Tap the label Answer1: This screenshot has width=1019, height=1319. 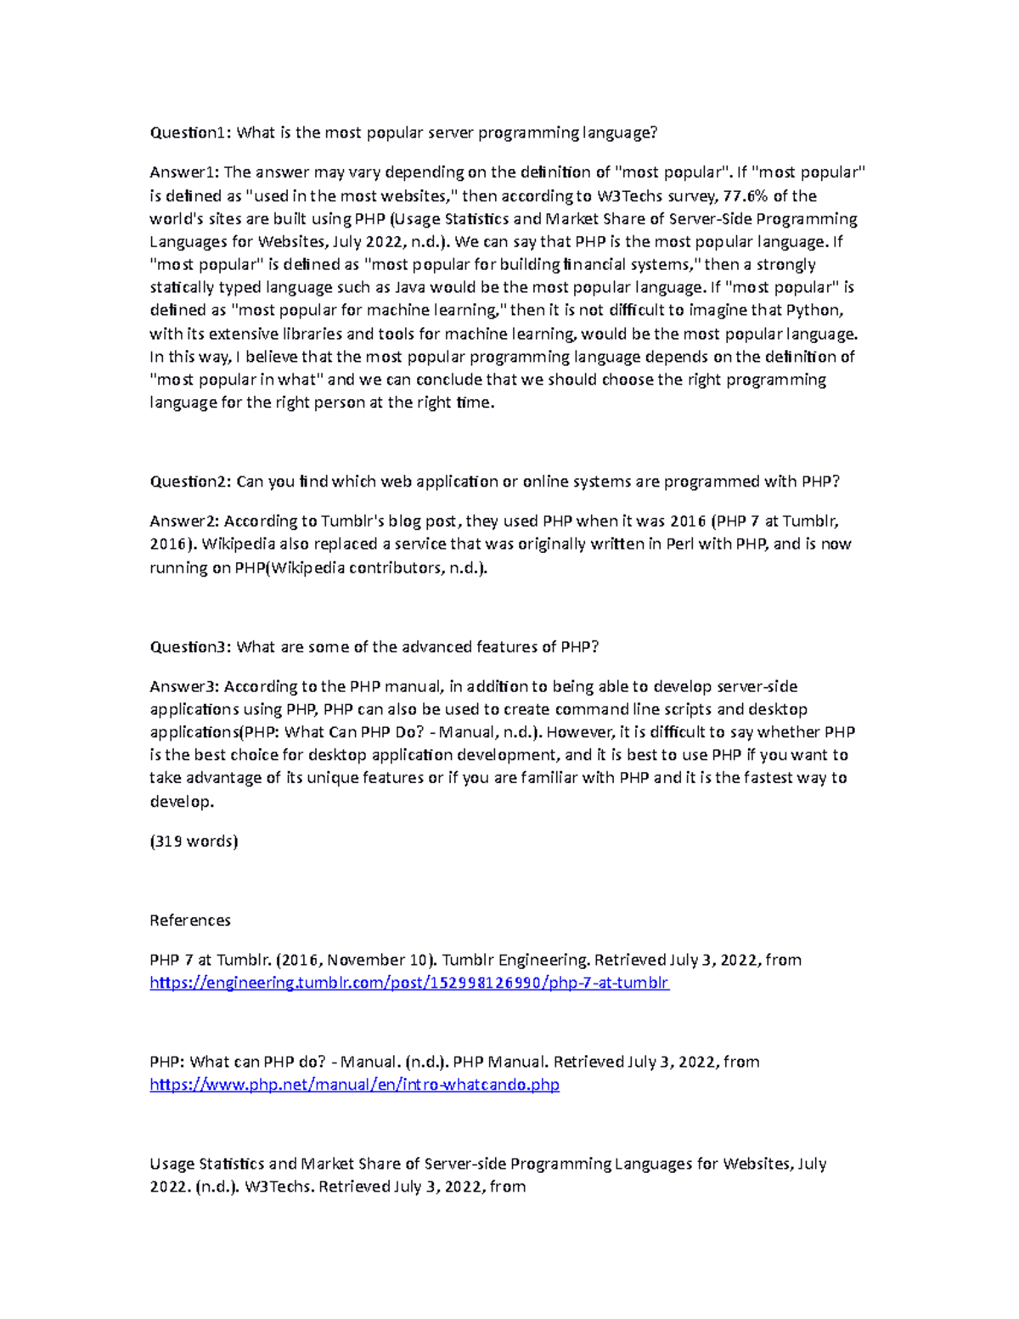click(x=184, y=172)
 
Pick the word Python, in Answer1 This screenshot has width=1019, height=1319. click(x=814, y=311)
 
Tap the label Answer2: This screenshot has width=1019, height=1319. click(x=184, y=521)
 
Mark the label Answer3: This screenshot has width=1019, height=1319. click(x=184, y=686)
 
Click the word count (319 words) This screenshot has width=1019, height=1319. click(x=194, y=842)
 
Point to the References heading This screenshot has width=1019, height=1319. click(x=190, y=921)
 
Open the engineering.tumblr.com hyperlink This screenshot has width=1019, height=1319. click(x=409, y=984)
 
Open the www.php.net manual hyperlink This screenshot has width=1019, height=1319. click(x=354, y=1085)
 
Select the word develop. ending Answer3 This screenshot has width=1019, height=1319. click(x=182, y=802)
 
